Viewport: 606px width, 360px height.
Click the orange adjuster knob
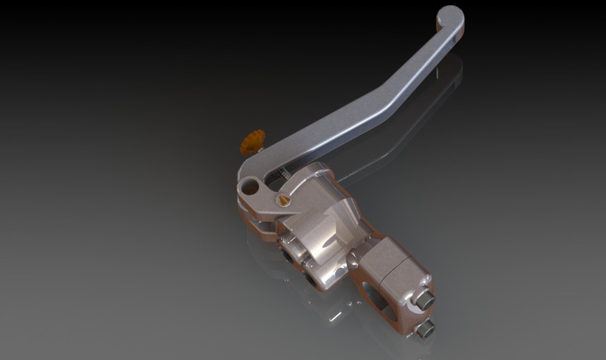pyautogui.click(x=253, y=141)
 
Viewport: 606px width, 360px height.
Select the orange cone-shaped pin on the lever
pyautogui.click(x=283, y=200)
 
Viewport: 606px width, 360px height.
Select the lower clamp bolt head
pyautogui.click(x=426, y=328)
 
